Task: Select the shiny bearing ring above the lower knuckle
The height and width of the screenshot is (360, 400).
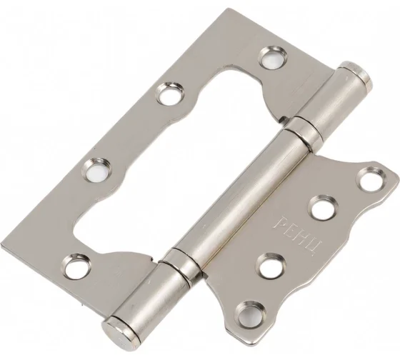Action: [x=180, y=264]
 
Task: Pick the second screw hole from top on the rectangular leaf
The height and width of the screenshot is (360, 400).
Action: [x=171, y=94]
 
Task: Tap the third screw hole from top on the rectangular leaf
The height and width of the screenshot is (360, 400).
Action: [x=97, y=171]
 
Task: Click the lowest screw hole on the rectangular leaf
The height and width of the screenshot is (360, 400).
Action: [x=77, y=266]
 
